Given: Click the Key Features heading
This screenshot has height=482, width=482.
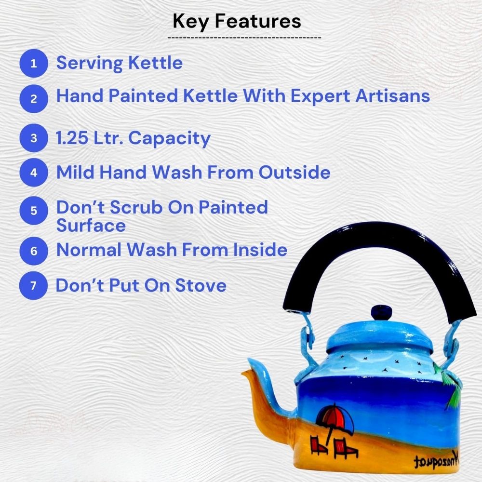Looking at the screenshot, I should coord(237,21).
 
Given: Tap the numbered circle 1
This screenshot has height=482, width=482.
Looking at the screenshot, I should coord(33,63).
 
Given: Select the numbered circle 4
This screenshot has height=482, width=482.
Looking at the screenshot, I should coord(33,173).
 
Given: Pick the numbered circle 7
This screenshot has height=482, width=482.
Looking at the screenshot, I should coord(33,285).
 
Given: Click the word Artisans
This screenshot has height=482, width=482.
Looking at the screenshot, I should coord(393,96).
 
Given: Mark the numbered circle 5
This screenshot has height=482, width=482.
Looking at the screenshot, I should coord(33,211).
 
